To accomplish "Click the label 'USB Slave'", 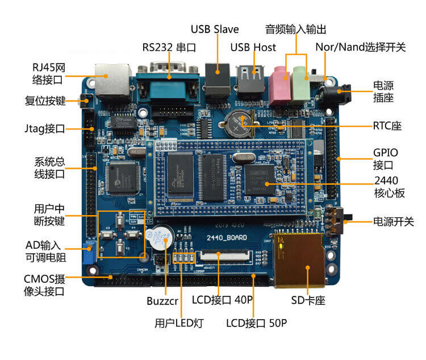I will click(214, 29).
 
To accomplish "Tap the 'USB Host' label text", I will click(253, 47).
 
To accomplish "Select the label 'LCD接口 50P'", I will click(256, 324).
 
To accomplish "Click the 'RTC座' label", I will click(387, 125).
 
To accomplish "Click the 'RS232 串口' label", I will click(169, 47).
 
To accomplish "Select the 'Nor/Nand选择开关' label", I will click(361, 47).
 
